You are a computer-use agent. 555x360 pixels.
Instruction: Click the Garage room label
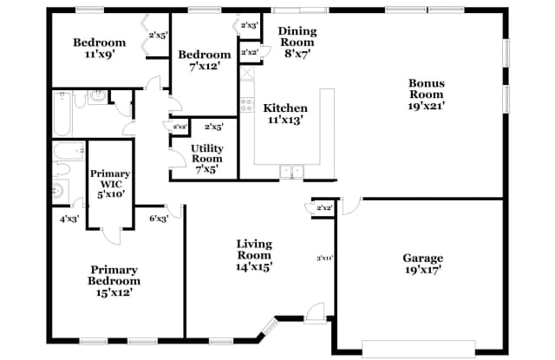coord(422,264)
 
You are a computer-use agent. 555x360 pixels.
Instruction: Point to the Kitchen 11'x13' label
coord(285,114)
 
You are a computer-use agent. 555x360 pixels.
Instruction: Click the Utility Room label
coord(206,159)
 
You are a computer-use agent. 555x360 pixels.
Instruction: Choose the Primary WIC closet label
coord(109,183)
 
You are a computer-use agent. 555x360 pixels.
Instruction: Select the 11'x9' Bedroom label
coord(99,48)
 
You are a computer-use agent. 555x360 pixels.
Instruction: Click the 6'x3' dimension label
coord(159,218)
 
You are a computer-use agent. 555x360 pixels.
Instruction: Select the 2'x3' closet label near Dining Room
coord(249,25)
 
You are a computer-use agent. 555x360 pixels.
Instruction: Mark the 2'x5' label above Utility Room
coord(213,127)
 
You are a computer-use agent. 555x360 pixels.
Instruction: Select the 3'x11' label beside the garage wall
coord(325,258)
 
